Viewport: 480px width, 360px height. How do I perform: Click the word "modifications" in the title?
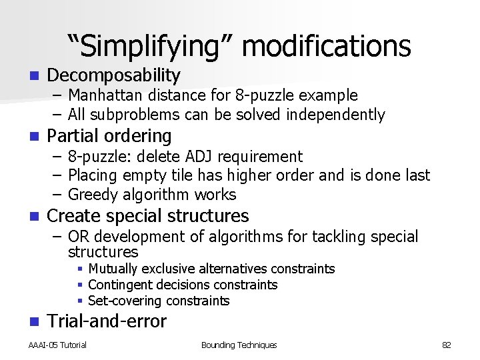[x=327, y=47]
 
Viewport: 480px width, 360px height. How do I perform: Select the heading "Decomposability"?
[x=114, y=75]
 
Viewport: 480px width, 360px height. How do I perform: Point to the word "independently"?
[x=336, y=115]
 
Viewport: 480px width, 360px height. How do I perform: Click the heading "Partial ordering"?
[x=109, y=136]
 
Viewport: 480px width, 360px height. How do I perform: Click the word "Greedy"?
[x=93, y=195]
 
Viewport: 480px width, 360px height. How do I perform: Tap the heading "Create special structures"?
[x=148, y=216]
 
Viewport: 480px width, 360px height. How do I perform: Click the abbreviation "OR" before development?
[x=78, y=237]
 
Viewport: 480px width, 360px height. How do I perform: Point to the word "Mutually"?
[x=113, y=269]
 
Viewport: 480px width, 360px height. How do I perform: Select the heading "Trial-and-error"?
[x=107, y=321]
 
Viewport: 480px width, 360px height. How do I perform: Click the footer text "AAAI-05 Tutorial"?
[x=57, y=345]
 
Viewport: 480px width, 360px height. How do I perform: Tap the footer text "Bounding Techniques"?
[x=239, y=345]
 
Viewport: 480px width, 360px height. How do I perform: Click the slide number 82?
[x=447, y=345]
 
